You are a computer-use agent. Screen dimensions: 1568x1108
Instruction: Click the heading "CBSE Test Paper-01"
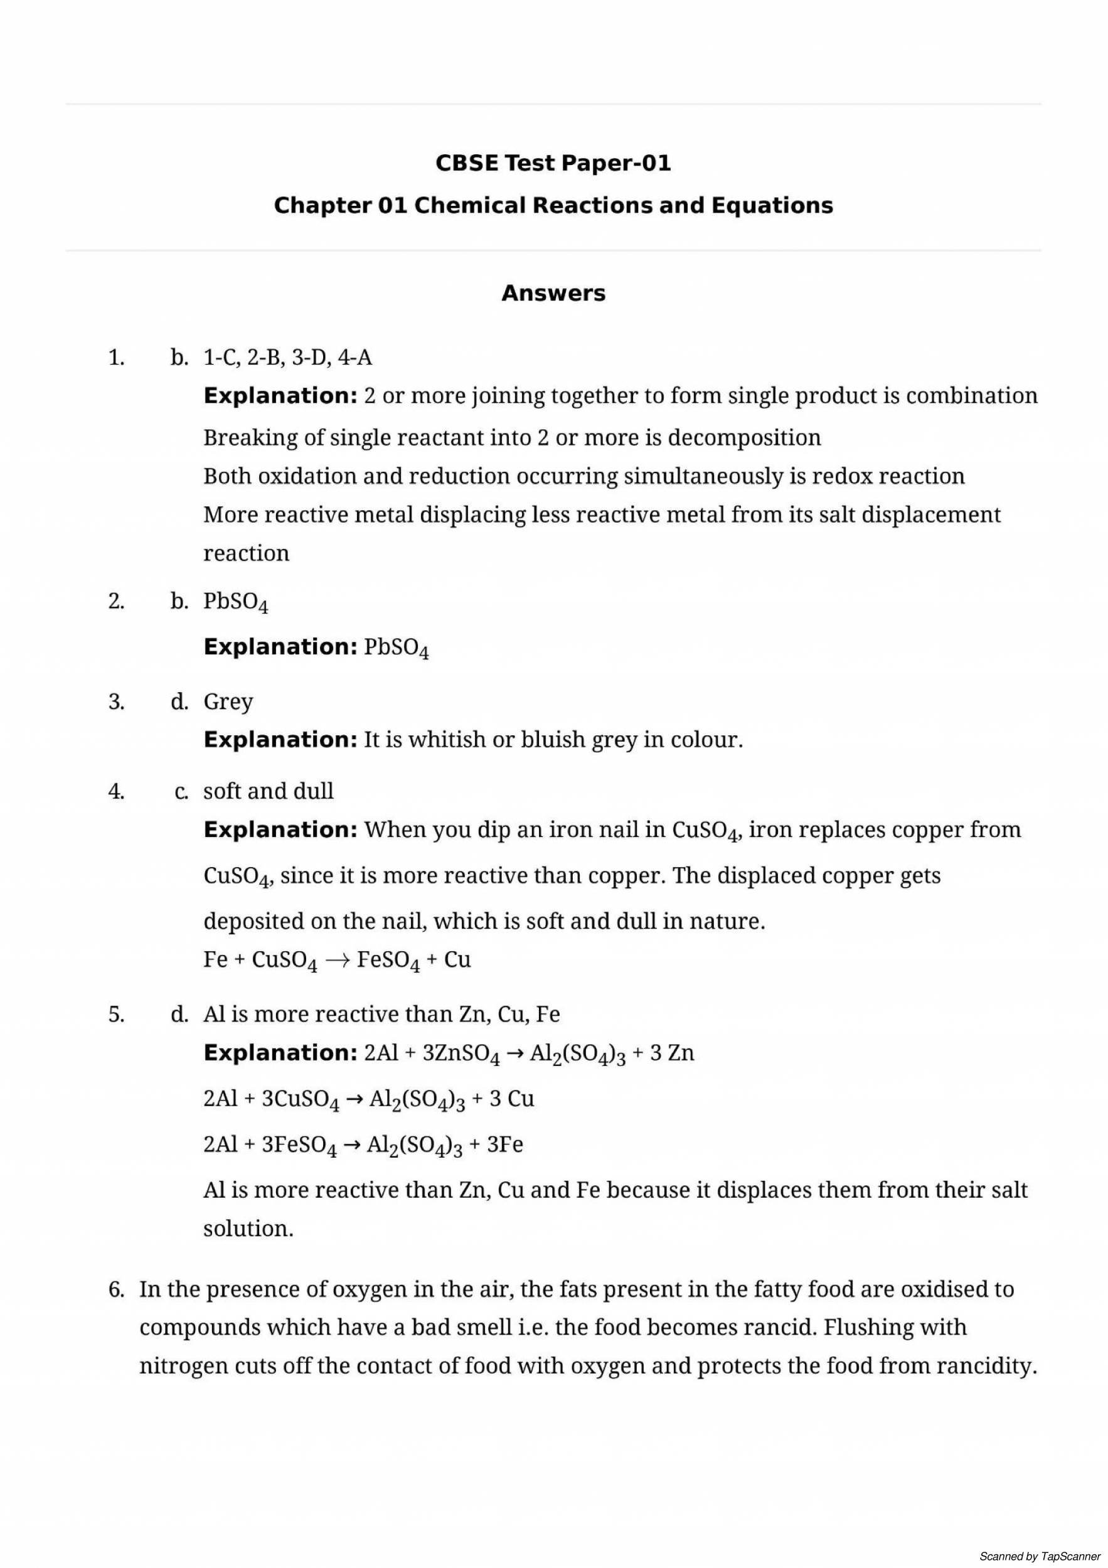553,163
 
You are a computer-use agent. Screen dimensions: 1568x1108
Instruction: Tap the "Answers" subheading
553,293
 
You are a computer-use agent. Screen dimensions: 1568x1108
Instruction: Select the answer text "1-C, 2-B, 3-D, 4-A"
287,357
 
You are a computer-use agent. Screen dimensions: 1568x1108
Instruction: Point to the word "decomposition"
744,437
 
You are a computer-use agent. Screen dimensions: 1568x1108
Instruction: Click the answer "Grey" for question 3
228,701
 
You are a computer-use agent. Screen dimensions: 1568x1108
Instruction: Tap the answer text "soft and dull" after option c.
269,791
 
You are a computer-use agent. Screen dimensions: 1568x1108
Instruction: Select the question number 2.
116,601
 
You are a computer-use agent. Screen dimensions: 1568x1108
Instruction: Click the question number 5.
116,1014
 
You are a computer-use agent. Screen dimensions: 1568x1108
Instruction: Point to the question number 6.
116,1289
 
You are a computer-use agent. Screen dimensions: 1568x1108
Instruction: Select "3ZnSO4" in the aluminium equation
461,1053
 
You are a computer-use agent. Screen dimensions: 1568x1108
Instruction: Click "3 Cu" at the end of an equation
511,1099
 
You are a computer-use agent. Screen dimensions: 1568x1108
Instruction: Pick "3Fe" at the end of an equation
504,1144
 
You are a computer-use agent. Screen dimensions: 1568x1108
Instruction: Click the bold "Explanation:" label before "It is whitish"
280,740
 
